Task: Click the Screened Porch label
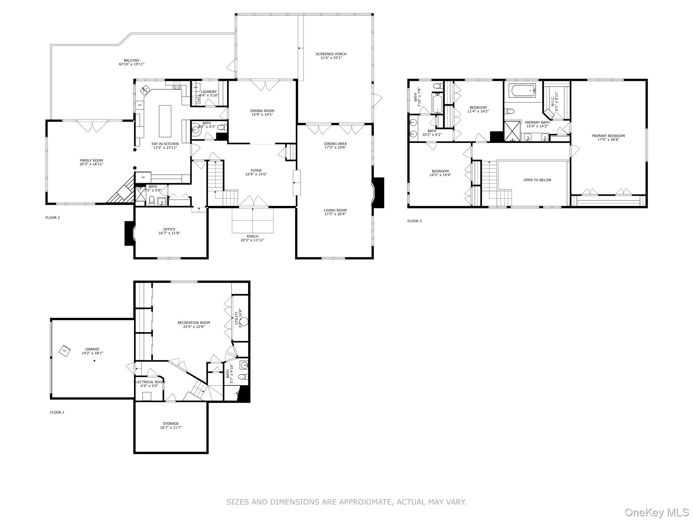click(331, 54)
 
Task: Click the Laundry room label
click(209, 92)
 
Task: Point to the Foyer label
click(256, 171)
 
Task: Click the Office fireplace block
click(130, 233)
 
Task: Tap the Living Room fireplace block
click(379, 193)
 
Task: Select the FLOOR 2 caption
click(52, 218)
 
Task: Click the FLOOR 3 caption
click(415, 221)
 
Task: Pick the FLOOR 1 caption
click(57, 412)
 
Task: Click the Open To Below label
click(537, 180)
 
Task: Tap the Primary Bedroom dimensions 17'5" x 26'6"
click(608, 139)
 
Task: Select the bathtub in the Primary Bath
click(522, 91)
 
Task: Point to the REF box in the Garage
click(65, 351)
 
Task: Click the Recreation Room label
click(194, 323)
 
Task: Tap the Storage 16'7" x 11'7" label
click(171, 426)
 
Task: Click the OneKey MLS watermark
click(656, 512)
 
